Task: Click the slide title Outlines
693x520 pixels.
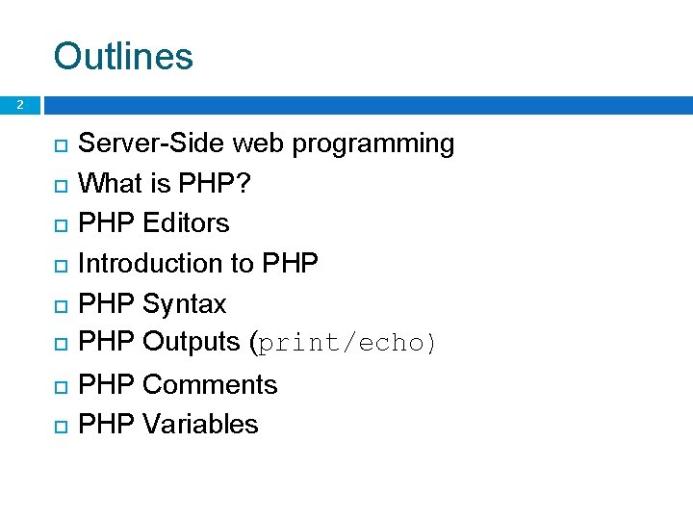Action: point(123,56)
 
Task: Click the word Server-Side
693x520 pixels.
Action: point(152,143)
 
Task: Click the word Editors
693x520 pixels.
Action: point(186,222)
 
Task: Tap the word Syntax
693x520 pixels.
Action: point(184,304)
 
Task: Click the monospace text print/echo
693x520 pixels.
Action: point(343,343)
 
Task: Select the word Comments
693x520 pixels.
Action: point(210,384)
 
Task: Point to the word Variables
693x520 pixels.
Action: point(200,424)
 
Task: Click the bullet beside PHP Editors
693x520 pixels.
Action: point(60,224)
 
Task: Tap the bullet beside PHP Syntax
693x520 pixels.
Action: point(60,305)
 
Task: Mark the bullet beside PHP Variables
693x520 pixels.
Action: point(60,426)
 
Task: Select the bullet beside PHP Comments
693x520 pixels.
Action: point(60,386)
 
